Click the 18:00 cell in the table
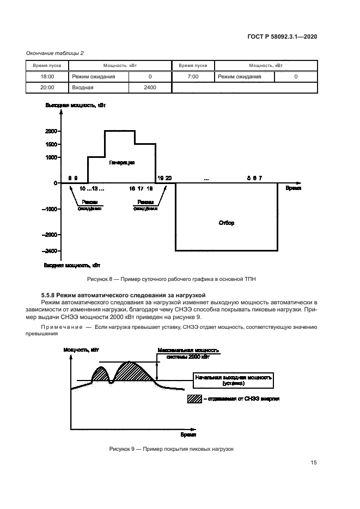click(x=47, y=77)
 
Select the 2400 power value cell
click(x=150, y=87)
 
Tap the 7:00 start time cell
click(x=192, y=77)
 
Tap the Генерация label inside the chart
click(x=121, y=162)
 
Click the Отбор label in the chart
click(x=226, y=223)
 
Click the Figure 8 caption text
click(x=171, y=279)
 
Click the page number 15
click(x=314, y=463)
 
